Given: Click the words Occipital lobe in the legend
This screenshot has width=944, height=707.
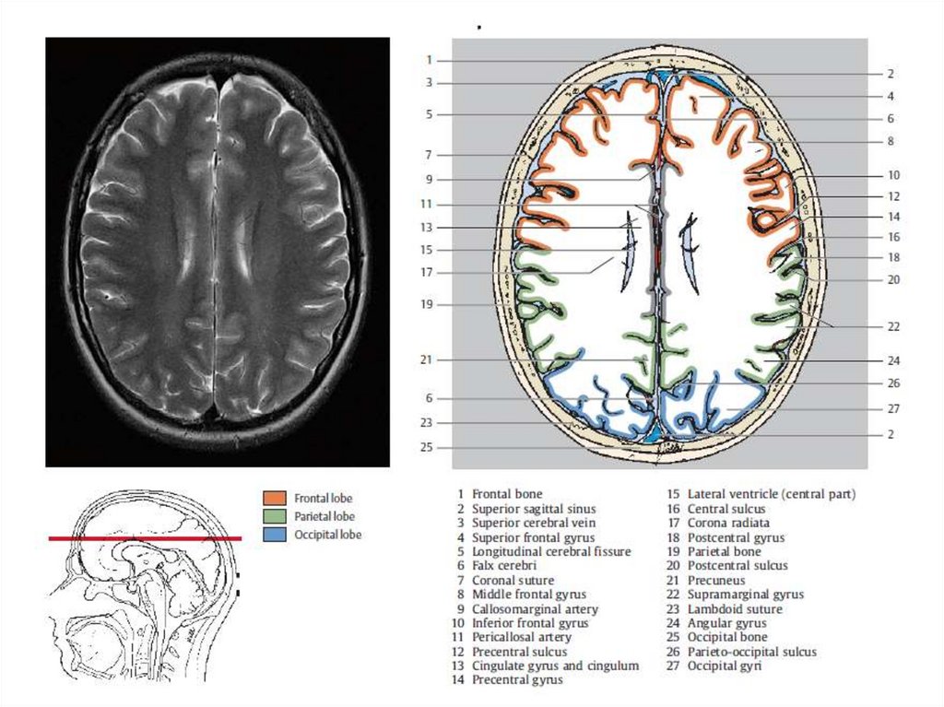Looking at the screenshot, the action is tap(327, 535).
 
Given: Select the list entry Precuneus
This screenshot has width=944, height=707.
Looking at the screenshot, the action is tap(716, 581).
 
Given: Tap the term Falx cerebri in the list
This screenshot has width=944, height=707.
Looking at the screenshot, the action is tap(504, 566).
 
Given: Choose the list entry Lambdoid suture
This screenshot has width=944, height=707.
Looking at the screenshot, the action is tap(735, 609).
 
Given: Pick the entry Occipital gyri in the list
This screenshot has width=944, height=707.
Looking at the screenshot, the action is tap(725, 666).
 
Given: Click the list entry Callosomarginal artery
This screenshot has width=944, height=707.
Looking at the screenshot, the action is tap(535, 609).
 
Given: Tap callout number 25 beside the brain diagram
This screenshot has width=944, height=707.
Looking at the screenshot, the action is tap(426, 447).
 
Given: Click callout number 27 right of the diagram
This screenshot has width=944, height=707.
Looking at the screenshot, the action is tap(893, 408).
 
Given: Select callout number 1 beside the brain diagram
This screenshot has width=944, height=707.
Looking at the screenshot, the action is tap(429, 60).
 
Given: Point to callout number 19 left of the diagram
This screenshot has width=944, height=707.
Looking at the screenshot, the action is tap(426, 304).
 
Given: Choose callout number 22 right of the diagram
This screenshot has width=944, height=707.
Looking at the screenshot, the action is tap(893, 326).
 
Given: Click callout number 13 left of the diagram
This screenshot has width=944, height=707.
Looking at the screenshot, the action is tap(426, 227).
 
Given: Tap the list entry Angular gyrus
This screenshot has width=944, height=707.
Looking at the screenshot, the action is tap(726, 623).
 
